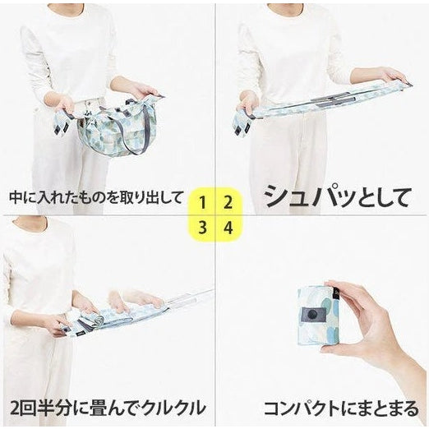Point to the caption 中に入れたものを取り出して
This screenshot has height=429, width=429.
click(95, 198)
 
